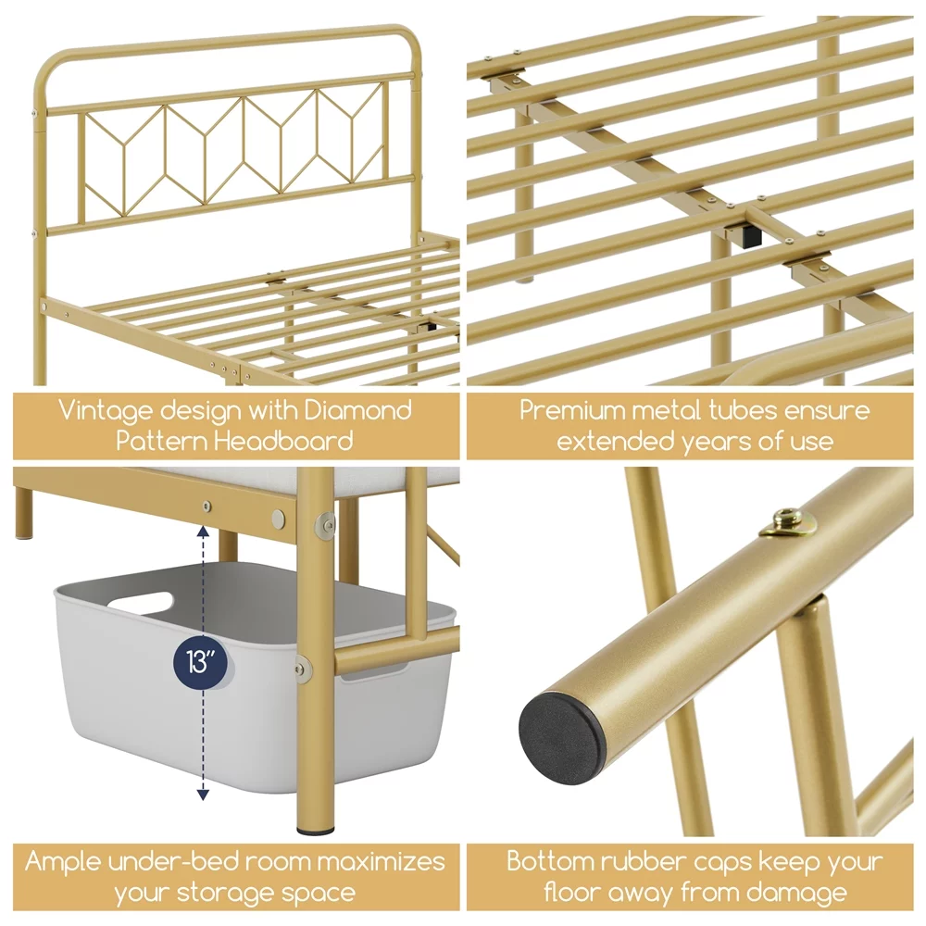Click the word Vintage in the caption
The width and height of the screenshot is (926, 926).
[105, 410]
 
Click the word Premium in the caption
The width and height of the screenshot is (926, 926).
[571, 410]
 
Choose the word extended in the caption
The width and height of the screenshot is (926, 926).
[616, 441]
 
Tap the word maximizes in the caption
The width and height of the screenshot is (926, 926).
[381, 861]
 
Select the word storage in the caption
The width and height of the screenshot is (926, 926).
[222, 893]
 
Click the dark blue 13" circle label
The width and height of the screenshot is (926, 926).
[200, 662]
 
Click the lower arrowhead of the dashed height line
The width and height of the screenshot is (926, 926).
[203, 795]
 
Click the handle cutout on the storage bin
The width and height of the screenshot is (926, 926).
[141, 603]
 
